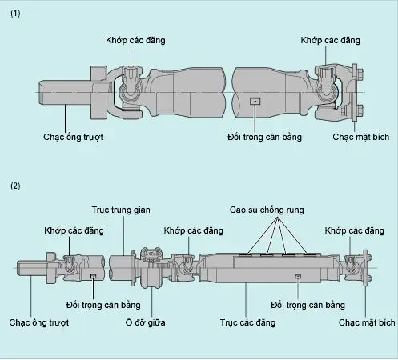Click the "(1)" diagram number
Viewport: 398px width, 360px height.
coord(14,14)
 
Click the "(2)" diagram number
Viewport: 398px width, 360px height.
coord(14,186)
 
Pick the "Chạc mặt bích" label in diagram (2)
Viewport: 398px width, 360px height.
coord(366,323)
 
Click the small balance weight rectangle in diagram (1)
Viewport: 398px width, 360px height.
coord(254,101)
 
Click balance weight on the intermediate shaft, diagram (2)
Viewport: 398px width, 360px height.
coord(94,277)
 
